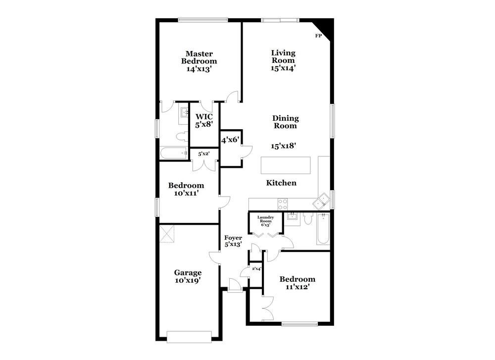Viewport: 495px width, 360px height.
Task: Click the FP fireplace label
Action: [x=318, y=36]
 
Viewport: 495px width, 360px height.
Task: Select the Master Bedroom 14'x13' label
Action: [x=199, y=61]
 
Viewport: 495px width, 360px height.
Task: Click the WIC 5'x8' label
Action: [x=204, y=121]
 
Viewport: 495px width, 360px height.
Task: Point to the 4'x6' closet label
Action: [x=230, y=140]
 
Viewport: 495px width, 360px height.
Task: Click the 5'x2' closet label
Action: [x=204, y=154]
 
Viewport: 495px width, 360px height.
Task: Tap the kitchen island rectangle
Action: [x=287, y=164]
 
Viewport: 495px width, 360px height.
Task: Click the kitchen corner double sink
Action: [x=322, y=201]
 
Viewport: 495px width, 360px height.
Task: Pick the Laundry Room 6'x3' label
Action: [x=266, y=221]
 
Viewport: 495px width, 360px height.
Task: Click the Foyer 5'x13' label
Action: [x=233, y=241]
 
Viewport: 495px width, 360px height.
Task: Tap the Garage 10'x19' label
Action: [x=188, y=276]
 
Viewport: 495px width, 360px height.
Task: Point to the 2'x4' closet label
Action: [x=256, y=269]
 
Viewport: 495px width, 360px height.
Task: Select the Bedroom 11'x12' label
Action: [x=297, y=283]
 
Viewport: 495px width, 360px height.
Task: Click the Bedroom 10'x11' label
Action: [x=186, y=189]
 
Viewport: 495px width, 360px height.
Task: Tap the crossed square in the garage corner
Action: [x=168, y=234]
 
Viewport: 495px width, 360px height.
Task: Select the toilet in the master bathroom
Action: [x=180, y=136]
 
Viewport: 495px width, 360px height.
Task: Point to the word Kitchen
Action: [x=281, y=183]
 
